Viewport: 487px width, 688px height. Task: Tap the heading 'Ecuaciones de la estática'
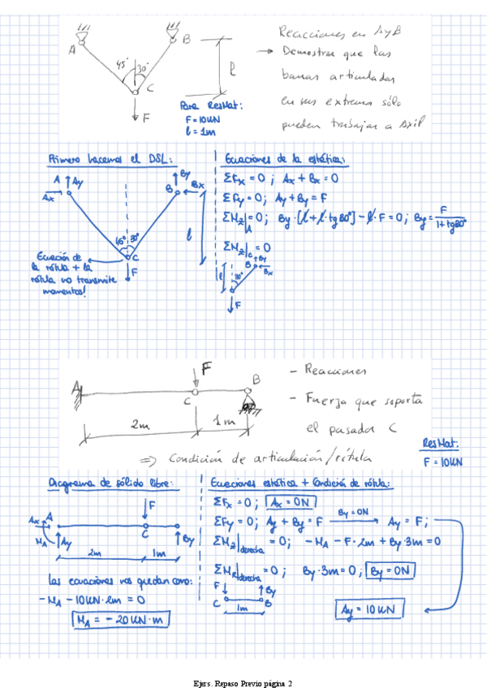[x=285, y=158]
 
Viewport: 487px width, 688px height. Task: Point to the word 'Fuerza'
[x=325, y=399]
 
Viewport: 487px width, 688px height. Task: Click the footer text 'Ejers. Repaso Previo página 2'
[x=243, y=683]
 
